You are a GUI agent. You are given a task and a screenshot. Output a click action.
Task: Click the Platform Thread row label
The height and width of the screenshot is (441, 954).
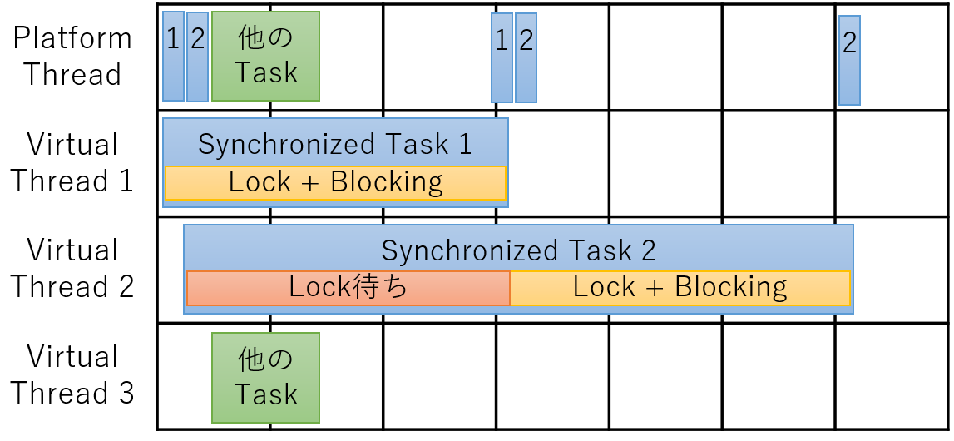(72, 56)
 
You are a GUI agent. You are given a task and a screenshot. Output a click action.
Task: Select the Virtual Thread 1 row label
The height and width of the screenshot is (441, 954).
(72, 162)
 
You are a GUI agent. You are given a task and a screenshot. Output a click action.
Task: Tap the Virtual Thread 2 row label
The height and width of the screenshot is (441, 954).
(72, 268)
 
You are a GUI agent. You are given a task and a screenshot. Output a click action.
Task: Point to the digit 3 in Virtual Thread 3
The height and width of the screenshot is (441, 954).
(126, 393)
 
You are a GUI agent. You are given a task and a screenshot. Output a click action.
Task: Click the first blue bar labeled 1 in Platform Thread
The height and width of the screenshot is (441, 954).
(173, 56)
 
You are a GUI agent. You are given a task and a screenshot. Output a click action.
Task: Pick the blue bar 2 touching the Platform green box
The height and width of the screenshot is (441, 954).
(198, 57)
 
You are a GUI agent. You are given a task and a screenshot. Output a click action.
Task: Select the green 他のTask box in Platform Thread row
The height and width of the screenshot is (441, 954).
(266, 56)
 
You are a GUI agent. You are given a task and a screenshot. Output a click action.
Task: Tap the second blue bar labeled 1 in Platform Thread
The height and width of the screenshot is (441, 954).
(502, 57)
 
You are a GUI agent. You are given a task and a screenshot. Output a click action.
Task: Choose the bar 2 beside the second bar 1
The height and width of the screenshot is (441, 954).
(526, 57)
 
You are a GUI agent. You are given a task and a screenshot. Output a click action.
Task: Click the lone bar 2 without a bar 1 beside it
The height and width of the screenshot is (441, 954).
(849, 60)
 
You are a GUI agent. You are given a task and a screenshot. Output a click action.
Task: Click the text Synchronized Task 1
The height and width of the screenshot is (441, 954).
(335, 145)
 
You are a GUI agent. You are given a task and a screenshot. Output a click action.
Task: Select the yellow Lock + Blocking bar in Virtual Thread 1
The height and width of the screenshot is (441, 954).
(336, 182)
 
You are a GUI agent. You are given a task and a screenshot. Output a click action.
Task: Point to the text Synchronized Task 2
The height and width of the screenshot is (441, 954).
(518, 250)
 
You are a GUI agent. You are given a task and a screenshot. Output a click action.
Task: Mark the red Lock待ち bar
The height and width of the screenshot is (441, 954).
(348, 288)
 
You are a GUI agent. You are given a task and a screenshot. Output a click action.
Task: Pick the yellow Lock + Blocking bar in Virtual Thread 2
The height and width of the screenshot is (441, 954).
(680, 288)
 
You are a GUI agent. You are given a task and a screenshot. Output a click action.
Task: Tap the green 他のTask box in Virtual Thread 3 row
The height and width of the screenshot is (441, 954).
(266, 377)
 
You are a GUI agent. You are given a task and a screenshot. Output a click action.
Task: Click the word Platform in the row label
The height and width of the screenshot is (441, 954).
(72, 39)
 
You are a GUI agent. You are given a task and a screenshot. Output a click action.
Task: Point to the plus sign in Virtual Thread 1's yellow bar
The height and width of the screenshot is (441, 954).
(310, 183)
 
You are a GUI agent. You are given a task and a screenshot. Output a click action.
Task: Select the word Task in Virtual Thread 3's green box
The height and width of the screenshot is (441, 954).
(266, 394)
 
